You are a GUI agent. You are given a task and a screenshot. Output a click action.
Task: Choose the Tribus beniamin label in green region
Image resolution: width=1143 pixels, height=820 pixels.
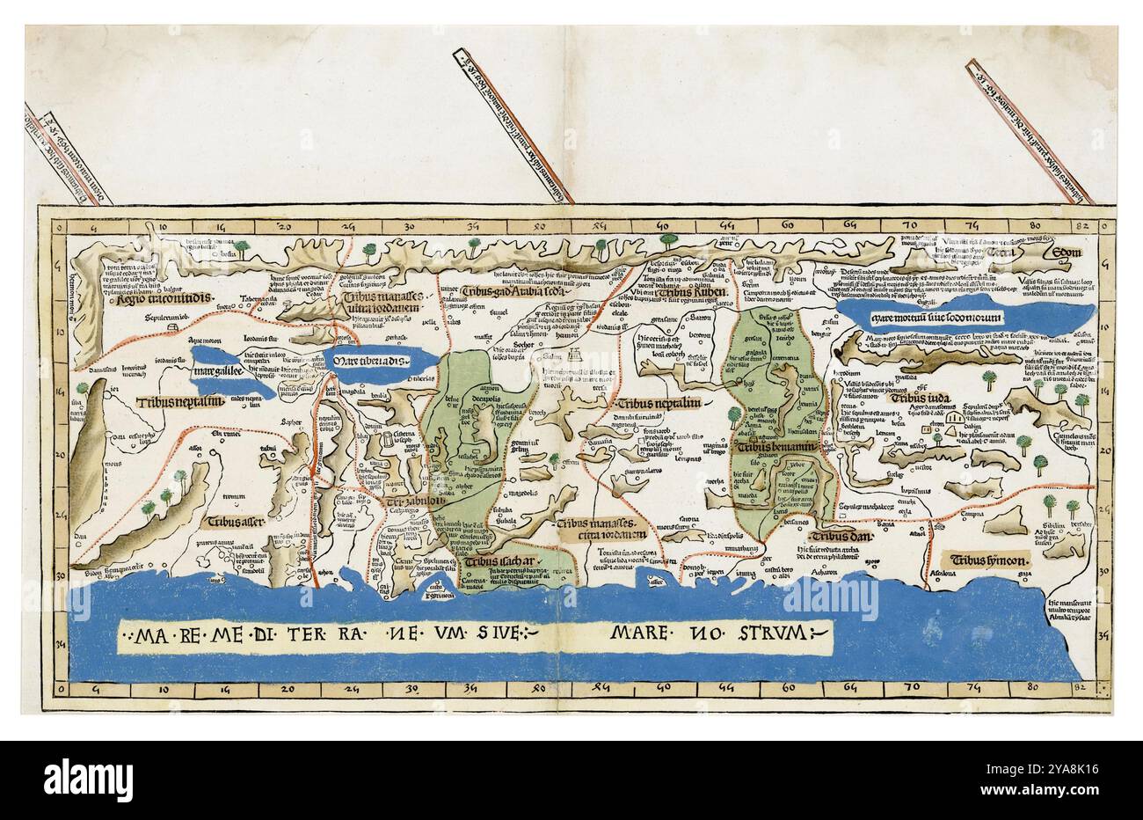pyautogui.click(x=774, y=447)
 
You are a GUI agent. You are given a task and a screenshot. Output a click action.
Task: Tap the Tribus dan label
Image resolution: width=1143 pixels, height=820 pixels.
pyautogui.click(x=839, y=537)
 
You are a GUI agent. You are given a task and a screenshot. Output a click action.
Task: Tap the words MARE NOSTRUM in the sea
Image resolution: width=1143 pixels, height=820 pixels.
pyautogui.click(x=708, y=632)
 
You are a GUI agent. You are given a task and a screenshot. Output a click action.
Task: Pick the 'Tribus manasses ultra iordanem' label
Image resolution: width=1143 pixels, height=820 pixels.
pyautogui.click(x=376, y=303)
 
